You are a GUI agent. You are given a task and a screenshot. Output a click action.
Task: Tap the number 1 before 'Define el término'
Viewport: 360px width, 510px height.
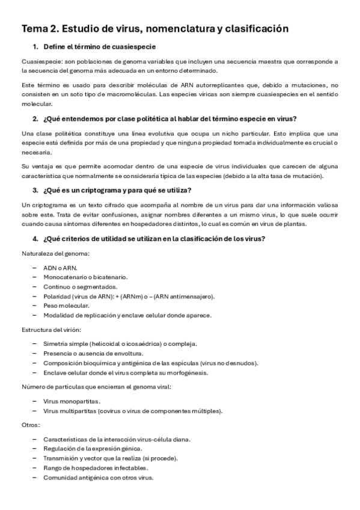[x=35, y=47]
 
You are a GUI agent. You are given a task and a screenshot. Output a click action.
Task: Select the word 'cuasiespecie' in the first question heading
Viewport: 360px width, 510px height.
[x=138, y=47]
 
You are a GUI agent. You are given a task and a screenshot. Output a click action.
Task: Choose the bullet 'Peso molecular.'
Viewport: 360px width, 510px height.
[x=67, y=306]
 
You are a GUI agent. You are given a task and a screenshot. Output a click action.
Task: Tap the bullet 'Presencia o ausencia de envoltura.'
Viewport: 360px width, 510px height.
[x=93, y=353]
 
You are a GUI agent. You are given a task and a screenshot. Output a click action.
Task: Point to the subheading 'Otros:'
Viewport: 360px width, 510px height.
[x=31, y=425]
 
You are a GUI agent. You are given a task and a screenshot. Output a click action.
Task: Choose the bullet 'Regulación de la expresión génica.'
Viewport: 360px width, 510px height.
[x=93, y=449]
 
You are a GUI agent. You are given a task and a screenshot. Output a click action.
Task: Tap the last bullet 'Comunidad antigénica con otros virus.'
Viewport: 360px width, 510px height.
[x=99, y=478]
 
